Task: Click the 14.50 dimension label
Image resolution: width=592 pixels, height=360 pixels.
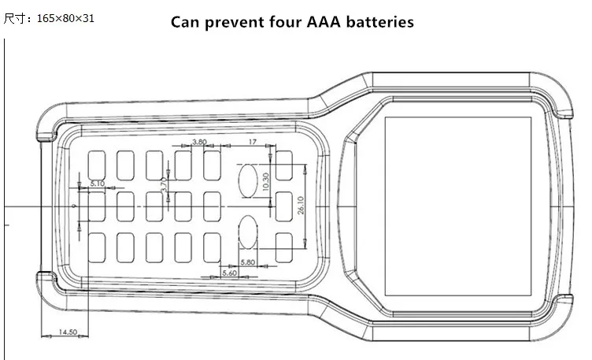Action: pos(68,332)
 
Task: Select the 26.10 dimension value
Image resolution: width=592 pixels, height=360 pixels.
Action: pos(301,205)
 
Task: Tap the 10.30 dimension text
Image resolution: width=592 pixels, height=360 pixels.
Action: pos(266,182)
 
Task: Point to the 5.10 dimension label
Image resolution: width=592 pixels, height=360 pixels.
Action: pos(98,184)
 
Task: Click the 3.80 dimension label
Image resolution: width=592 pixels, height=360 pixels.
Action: pos(199,142)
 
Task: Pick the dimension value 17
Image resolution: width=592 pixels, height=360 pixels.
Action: pos(253,142)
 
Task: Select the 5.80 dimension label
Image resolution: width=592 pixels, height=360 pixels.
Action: pos(248,262)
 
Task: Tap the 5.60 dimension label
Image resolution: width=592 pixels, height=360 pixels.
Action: pos(230,273)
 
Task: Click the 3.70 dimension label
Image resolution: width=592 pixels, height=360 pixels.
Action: pos(164,185)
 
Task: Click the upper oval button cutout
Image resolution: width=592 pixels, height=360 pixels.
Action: pos(248,180)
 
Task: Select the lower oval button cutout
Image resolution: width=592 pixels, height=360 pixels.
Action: pos(248,232)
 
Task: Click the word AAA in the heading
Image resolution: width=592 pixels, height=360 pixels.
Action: pos(324,22)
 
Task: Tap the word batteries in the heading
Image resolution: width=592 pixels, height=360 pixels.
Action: pos(380,22)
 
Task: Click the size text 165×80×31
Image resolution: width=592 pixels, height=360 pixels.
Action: pos(65,18)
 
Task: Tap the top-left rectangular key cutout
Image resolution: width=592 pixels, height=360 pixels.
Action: pos(97,165)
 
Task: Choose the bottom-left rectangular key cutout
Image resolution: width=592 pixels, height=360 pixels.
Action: pos(97,247)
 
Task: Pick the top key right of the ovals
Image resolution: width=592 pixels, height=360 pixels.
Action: pos(284,165)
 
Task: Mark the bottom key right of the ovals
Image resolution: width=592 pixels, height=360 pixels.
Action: pos(284,247)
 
